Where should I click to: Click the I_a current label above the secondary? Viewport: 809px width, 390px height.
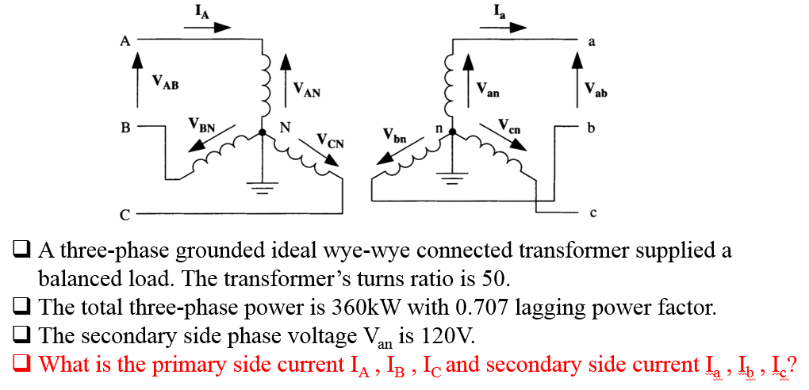(498, 10)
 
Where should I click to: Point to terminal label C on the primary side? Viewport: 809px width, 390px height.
(125, 214)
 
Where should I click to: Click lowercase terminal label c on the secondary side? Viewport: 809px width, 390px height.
(592, 213)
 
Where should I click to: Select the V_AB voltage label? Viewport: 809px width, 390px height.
(166, 82)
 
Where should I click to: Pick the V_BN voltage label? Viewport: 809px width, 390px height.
(201, 124)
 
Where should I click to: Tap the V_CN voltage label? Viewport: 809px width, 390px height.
(331, 142)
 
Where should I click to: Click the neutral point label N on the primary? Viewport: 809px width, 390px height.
(285, 127)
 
